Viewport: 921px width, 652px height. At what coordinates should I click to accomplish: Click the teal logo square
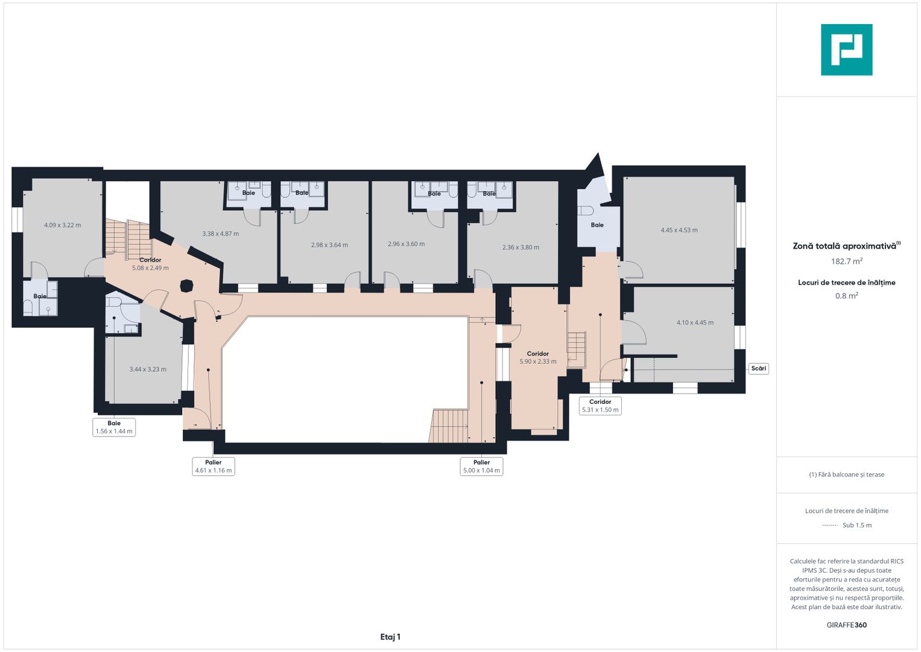pos(847,50)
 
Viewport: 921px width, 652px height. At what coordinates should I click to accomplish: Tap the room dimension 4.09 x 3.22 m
pos(63,225)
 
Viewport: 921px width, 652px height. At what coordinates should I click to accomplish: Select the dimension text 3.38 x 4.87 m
pos(220,234)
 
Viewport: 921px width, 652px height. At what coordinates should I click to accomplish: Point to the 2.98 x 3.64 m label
pos(329,245)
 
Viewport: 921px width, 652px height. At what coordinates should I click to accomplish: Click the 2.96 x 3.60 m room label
pos(407,244)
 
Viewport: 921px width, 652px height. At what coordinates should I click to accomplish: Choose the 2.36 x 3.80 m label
pos(521,248)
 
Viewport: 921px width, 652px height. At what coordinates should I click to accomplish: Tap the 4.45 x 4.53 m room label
pos(679,230)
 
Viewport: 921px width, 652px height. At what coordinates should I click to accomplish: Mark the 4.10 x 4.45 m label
pos(695,322)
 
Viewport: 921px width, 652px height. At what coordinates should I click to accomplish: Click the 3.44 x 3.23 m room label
pos(148,369)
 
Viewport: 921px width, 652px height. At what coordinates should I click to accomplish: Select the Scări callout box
pos(759,368)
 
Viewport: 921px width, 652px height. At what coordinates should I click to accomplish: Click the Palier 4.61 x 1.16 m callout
pos(214,466)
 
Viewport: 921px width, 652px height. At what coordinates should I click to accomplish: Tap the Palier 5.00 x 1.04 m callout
pos(481,466)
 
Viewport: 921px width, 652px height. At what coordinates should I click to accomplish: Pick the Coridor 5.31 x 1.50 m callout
pos(600,406)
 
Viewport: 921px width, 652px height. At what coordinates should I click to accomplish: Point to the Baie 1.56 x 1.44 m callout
pos(114,427)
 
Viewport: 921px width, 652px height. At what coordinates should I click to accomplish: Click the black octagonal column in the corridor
pos(186,286)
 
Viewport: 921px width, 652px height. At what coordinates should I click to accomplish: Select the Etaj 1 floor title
pos(390,637)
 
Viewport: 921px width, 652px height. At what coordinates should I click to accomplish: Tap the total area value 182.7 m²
pos(847,261)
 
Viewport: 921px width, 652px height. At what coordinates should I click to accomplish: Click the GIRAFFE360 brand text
pos(847,625)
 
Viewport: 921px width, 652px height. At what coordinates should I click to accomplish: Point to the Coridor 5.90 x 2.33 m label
pos(538,357)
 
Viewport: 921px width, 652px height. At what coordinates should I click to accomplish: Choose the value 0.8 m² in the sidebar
pos(847,296)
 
